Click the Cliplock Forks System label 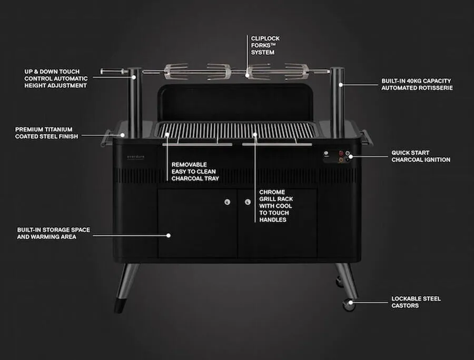pyautogui.click(x=265, y=45)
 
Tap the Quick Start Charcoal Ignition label pyautogui.click(x=421, y=156)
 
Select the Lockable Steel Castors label pyautogui.click(x=416, y=302)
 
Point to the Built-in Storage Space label pyautogui.click(x=54, y=233)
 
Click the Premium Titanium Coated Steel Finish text pyautogui.click(x=46, y=133)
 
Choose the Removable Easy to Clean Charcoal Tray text pyautogui.click(x=195, y=172)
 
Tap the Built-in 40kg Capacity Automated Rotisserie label pyautogui.click(x=417, y=84)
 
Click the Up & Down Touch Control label pyautogui.click(x=56, y=78)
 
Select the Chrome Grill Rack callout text pyautogui.click(x=276, y=206)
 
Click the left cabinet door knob pyautogui.click(x=228, y=202)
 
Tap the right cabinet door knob pyautogui.click(x=248, y=202)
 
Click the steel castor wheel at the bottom pyautogui.click(x=349, y=304)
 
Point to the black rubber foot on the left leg pyautogui.click(x=120, y=306)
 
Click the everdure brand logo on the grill pyautogui.click(x=135, y=157)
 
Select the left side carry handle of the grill pyautogui.click(x=105, y=138)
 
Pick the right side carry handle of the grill pyautogui.click(x=367, y=137)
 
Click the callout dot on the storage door pyautogui.click(x=169, y=236)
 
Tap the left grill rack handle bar pyautogui.click(x=197, y=145)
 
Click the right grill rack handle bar pyautogui.click(x=277, y=145)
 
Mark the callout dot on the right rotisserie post pyautogui.click(x=341, y=85)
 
